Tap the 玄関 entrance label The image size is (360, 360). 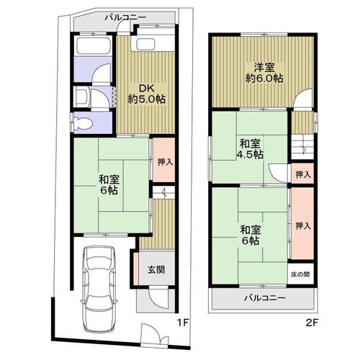click(156, 270)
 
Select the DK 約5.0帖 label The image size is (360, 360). click(146, 94)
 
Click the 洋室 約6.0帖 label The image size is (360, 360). click(264, 73)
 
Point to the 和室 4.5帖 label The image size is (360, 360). click(250, 149)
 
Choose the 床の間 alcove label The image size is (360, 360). click(300, 274)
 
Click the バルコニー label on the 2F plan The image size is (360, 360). click(265, 298)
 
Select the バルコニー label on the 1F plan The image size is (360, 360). click(125, 17)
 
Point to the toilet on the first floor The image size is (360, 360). click(83, 122)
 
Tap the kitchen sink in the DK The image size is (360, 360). click(146, 44)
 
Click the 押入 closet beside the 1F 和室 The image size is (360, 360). click(164, 160)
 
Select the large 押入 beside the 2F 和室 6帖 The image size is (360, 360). click(303, 223)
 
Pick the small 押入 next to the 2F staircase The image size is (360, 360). click(303, 174)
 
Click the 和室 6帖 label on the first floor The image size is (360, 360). click(109, 184)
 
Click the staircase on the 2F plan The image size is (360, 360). click(302, 147)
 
